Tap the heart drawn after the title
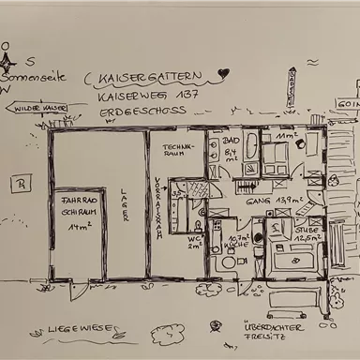[x=222, y=72]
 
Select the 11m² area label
[x=285, y=137]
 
